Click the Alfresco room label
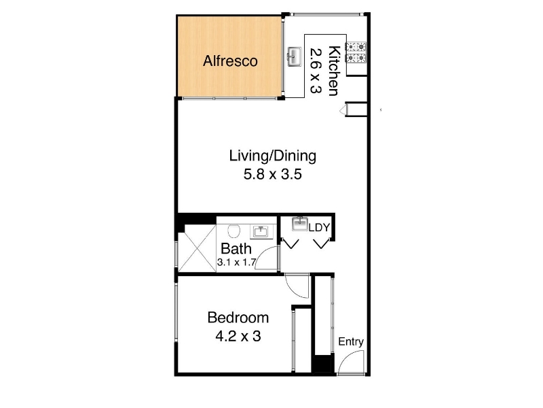point(230,61)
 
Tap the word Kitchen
point(335,71)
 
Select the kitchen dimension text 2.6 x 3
point(316,71)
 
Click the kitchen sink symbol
point(295,56)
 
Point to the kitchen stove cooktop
point(356,52)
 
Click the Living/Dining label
point(273,156)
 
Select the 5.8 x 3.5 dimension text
point(273,174)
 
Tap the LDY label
point(319,228)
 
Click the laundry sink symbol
point(300,224)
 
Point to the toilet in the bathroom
point(234,231)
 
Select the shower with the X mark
point(197,248)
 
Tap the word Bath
point(236,249)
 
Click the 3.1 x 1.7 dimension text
point(236,262)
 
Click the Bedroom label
point(238,318)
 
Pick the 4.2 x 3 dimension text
point(238,336)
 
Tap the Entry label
point(351,342)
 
